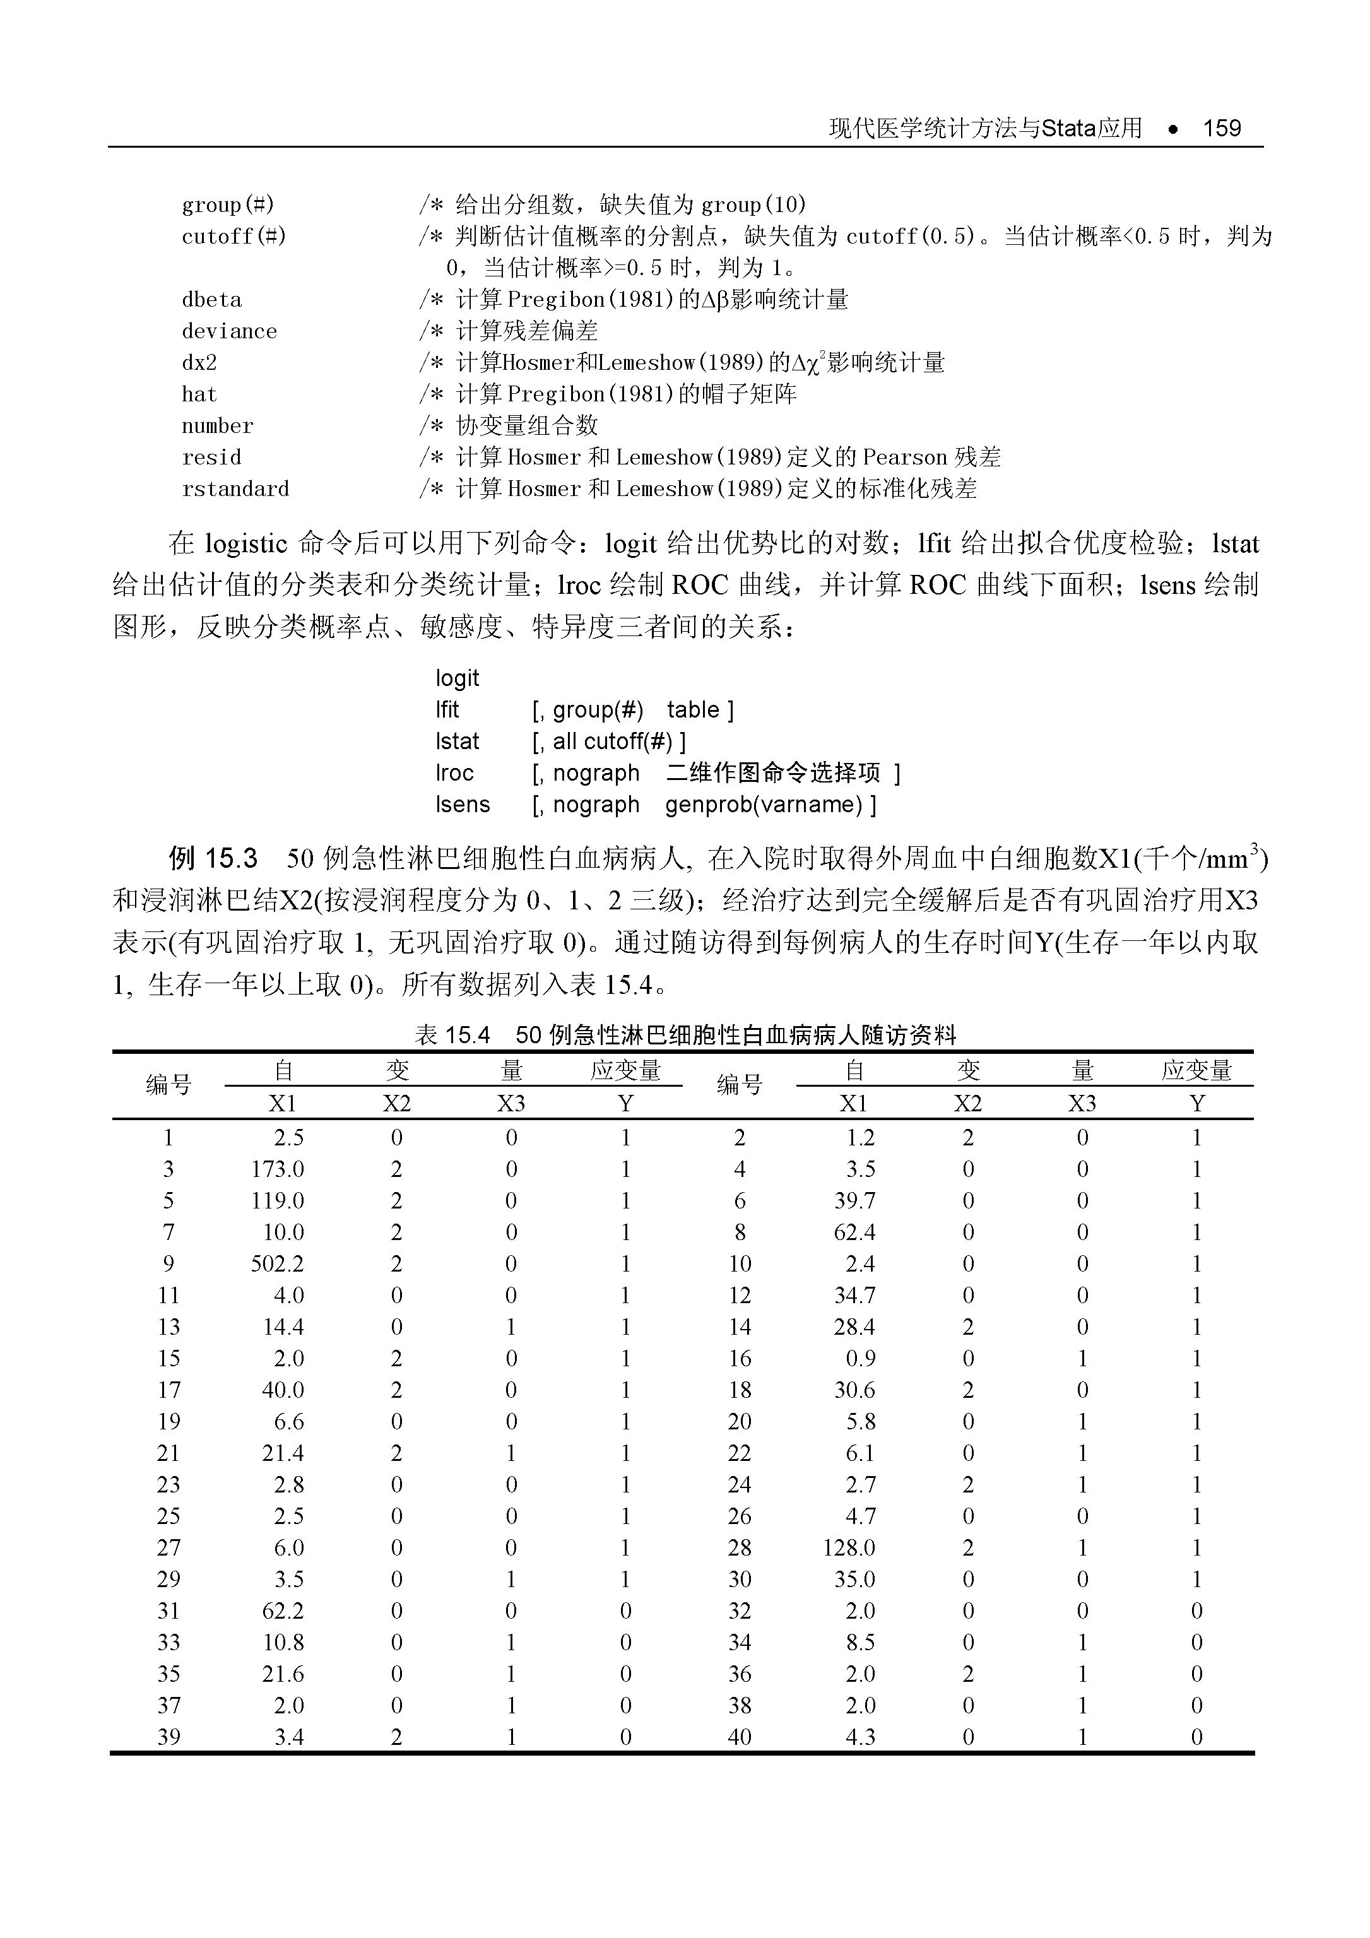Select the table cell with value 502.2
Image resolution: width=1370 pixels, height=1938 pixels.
pyautogui.click(x=277, y=1263)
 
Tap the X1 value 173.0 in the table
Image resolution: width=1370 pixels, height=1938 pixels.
pyautogui.click(x=277, y=1169)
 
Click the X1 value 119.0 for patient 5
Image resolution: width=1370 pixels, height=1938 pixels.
pyautogui.click(x=277, y=1200)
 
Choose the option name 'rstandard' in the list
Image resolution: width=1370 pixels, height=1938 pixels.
pyautogui.click(x=235, y=488)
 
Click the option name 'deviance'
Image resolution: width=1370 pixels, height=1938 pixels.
pyautogui.click(x=229, y=331)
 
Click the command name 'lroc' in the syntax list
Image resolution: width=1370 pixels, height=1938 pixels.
pyautogui.click(x=454, y=772)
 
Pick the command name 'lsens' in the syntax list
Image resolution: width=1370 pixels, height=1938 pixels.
pyautogui.click(x=462, y=805)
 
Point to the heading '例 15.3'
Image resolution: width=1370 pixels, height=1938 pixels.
pyautogui.click(x=212, y=860)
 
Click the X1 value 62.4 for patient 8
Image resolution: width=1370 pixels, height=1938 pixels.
pyautogui.click(x=854, y=1232)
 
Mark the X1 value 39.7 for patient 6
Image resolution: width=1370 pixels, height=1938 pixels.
pyautogui.click(x=854, y=1200)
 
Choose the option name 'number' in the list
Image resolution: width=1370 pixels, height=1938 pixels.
pyautogui.click(x=217, y=425)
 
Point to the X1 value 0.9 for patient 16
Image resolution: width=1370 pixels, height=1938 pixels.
pyautogui.click(x=860, y=1358)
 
